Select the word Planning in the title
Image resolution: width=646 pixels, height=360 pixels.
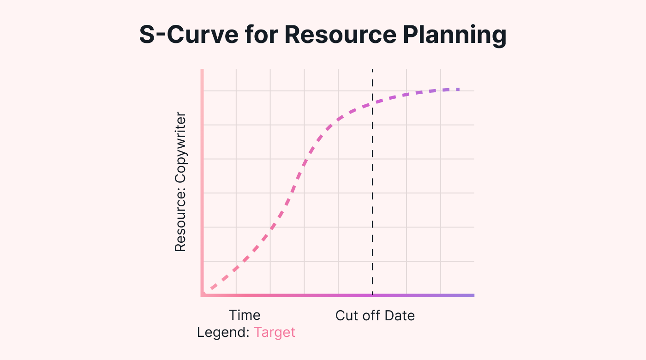coord(461,36)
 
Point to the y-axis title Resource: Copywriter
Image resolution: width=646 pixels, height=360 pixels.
coord(180,182)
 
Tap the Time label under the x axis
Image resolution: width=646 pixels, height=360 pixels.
coord(245,315)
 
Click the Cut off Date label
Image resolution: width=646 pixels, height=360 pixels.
coord(375,316)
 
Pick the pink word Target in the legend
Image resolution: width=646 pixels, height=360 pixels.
coord(274,332)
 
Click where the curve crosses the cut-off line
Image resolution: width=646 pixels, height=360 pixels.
coord(372,102)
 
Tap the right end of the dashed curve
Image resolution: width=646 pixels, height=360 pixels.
coord(459,89)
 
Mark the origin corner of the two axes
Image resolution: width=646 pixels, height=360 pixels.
coord(202,295)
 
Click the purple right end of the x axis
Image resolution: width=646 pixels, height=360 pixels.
coord(473,295)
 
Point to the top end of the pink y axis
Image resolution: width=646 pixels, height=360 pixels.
coord(202,71)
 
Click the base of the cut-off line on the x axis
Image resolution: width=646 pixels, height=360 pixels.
coord(372,294)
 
